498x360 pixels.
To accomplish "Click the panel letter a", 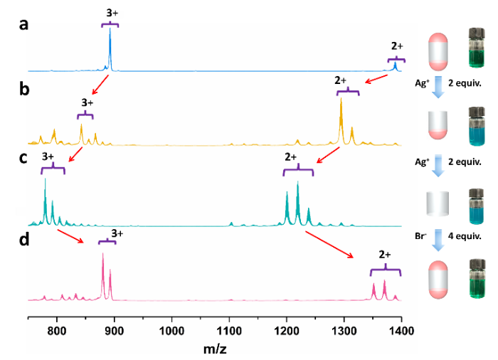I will (24, 24).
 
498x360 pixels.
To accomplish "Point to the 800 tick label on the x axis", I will (56, 331).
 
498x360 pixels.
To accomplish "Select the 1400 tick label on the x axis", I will (401, 331).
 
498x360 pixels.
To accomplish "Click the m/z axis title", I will (214, 349).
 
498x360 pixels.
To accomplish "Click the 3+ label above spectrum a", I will (110, 12).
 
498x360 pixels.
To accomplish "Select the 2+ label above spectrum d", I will (385, 254).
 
